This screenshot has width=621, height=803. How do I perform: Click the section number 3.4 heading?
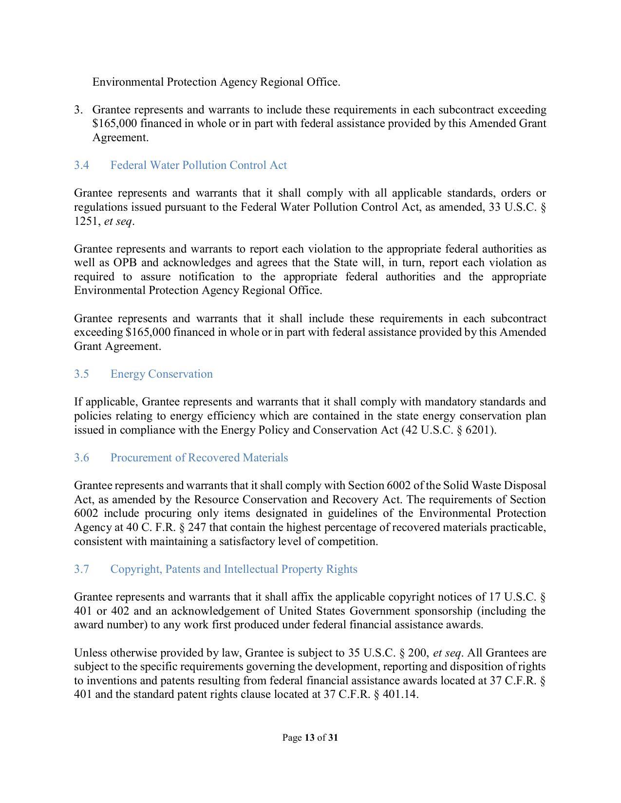click(x=81, y=165)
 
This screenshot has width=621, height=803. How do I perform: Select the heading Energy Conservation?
click(x=161, y=374)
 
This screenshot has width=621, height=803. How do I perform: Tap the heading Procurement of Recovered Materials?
click(x=199, y=458)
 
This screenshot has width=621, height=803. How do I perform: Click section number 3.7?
click(x=81, y=569)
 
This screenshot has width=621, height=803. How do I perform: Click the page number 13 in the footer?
click(x=309, y=738)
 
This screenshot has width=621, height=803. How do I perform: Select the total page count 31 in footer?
click(x=333, y=738)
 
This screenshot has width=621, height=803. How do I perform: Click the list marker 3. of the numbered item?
click(x=78, y=110)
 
